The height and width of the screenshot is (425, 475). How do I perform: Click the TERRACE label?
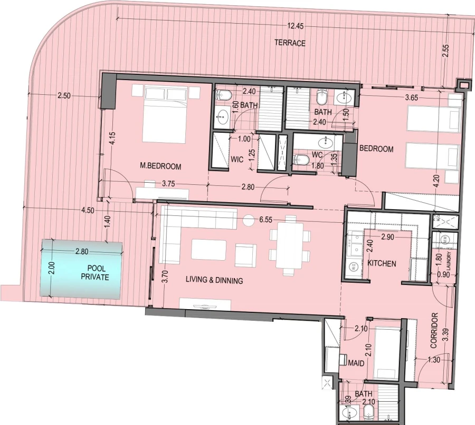coord(289,43)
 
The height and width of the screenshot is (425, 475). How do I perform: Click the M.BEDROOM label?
coord(160,166)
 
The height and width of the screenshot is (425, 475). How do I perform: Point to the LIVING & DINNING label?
coord(214,281)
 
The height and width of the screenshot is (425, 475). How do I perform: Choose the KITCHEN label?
coord(382,263)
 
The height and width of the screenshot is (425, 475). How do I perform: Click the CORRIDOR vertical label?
coord(434,331)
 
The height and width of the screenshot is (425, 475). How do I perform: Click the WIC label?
coord(235,160)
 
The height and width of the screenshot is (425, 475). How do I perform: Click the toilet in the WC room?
coord(302,160)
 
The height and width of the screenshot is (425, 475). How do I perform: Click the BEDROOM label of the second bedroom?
coord(376,149)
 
